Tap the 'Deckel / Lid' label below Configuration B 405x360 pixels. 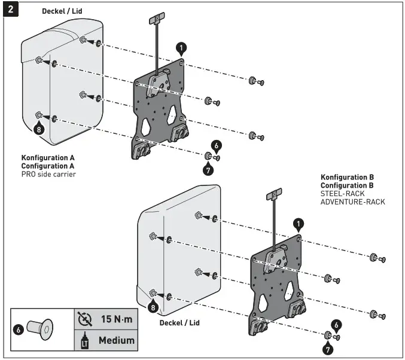tap(179, 322)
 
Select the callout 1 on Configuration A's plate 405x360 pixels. tap(181, 47)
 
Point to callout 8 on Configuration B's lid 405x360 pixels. tap(154, 307)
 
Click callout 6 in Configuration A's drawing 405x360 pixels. tap(217, 145)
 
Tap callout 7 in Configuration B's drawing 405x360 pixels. tap(328, 348)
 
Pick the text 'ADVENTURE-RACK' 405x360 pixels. tap(352, 202)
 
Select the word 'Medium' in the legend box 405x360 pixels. tap(116, 340)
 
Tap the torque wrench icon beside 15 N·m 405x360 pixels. tap(84, 319)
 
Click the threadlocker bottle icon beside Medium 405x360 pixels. tap(84, 340)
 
